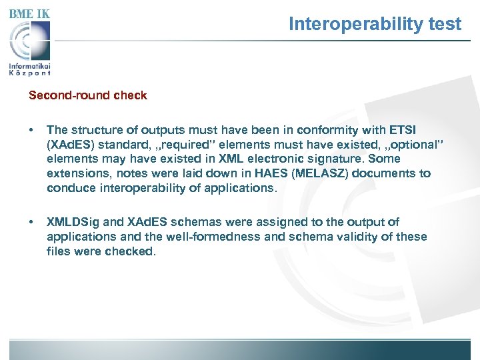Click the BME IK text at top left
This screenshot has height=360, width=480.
(x=29, y=13)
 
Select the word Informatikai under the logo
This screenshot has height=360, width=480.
(x=30, y=67)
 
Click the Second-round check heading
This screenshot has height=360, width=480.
(x=87, y=95)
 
